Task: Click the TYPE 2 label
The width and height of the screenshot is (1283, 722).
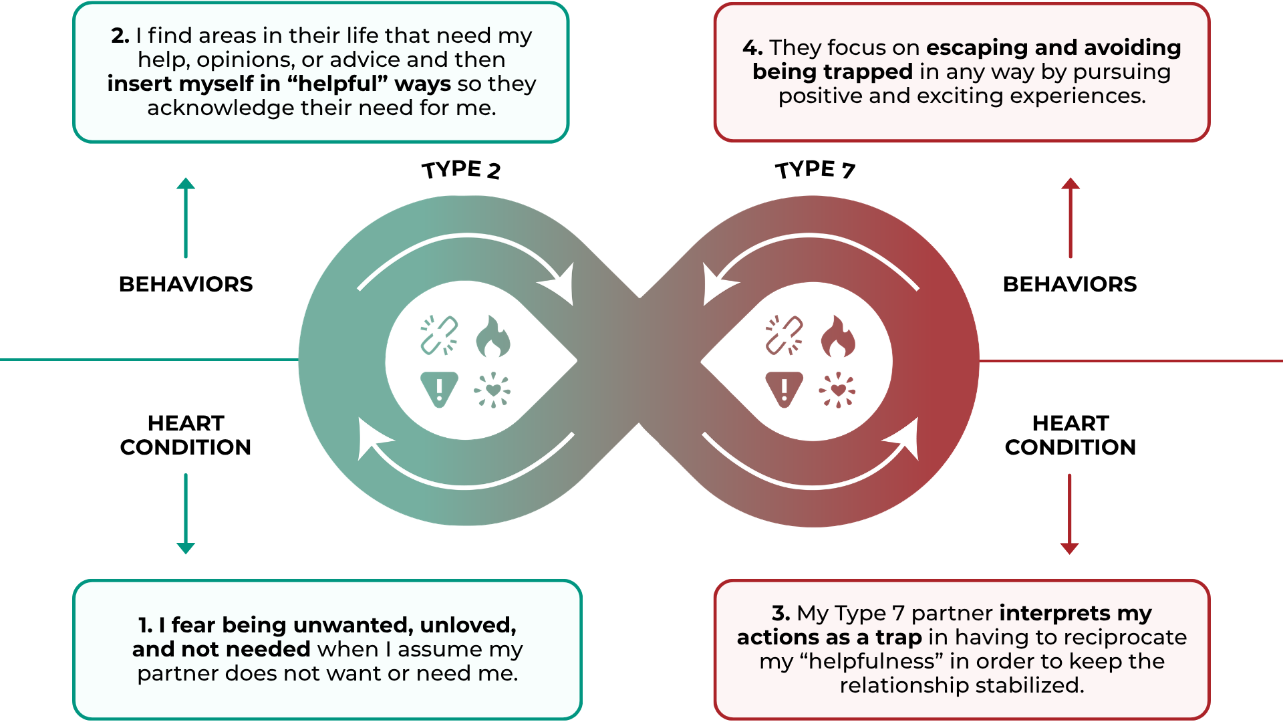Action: (461, 170)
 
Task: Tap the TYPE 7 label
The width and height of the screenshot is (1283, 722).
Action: (815, 170)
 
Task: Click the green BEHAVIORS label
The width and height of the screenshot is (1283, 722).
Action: (186, 284)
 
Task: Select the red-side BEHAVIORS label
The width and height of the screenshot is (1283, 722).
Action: (1070, 284)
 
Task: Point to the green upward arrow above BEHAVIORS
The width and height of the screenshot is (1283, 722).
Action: (186, 217)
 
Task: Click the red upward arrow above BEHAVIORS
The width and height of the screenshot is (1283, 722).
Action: (1071, 217)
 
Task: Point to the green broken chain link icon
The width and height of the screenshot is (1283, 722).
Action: (439, 335)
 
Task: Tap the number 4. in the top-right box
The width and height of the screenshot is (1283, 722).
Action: (752, 47)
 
